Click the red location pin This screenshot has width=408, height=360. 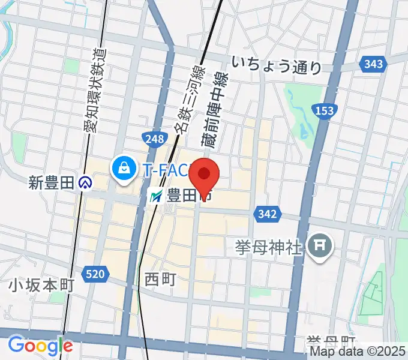[204, 175]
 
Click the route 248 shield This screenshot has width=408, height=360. [154, 139]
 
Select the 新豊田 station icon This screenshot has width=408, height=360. [87, 182]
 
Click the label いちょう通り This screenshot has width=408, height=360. [277, 65]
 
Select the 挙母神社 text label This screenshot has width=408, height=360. [268, 247]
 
